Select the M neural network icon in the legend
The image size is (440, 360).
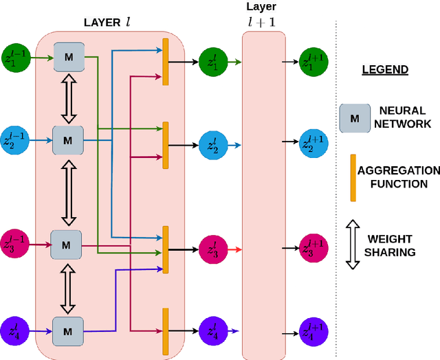(353, 117)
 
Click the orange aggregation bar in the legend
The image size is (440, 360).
(353, 178)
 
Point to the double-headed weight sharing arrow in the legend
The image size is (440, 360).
(353, 245)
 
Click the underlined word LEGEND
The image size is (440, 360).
(385, 70)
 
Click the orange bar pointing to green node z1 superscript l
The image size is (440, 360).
(165, 62)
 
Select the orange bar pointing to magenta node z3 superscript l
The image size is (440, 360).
(165, 249)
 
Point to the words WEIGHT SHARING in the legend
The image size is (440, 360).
(390, 245)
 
